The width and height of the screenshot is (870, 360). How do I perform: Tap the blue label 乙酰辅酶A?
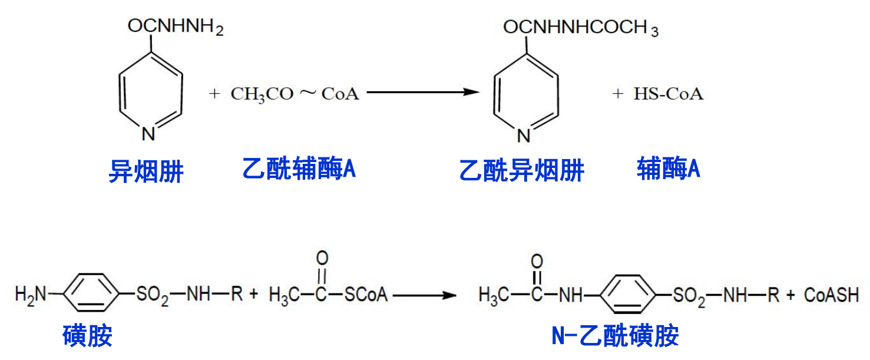tap(299, 170)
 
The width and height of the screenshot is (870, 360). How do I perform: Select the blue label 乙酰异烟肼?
tap(521, 171)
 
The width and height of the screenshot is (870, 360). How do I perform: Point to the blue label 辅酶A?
tap(668, 170)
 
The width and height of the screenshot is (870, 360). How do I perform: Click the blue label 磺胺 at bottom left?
tap(87, 336)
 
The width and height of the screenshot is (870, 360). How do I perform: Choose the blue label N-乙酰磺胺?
tap(615, 336)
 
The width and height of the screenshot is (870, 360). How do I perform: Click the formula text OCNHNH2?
tap(176, 27)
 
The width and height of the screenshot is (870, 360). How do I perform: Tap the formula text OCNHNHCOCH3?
tap(580, 28)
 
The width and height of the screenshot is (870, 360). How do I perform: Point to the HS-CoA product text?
tap(668, 94)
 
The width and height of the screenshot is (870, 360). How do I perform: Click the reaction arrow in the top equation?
tap(421, 92)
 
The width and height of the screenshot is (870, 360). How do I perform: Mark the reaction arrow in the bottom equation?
tap(425, 295)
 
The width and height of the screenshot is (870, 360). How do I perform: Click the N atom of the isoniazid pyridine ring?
tap(148, 134)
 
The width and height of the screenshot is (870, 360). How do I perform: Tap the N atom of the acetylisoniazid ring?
tap(524, 136)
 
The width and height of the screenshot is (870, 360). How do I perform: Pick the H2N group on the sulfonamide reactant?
tap(29, 294)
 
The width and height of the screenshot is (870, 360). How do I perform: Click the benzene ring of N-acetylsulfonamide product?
tap(630, 294)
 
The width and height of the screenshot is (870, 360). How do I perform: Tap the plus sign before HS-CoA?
tap(617, 94)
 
